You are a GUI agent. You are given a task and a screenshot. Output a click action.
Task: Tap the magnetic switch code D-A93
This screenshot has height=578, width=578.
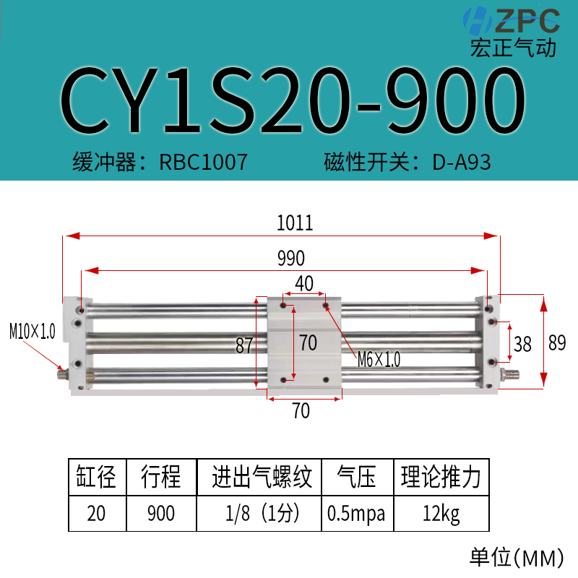point(462,162)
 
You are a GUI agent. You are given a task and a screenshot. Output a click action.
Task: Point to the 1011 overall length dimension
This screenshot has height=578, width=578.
point(295,223)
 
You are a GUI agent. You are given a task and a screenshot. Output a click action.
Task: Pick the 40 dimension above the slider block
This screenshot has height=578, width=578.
point(303,283)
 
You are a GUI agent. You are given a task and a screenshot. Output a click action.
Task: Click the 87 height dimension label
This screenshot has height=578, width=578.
point(246,345)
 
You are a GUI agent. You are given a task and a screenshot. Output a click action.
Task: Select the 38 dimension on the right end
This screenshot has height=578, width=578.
point(522,345)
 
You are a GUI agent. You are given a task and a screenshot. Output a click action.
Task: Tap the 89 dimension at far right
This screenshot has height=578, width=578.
point(557,343)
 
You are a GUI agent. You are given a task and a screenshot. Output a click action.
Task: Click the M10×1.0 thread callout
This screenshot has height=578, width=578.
point(32,332)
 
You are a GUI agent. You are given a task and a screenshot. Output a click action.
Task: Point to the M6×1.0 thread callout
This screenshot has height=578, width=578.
point(379,358)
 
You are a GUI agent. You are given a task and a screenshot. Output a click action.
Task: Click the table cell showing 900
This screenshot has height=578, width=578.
point(160,514)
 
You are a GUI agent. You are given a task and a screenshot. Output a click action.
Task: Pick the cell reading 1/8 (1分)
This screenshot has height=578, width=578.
point(258,514)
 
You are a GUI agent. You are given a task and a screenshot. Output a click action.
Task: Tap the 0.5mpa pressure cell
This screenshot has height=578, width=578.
point(356,514)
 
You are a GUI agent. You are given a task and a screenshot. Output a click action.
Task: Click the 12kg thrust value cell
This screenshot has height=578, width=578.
point(441,514)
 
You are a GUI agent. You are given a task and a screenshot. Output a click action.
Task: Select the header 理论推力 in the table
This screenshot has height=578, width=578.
point(441,478)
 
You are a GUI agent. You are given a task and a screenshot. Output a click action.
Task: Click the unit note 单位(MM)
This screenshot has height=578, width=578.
point(515,558)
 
